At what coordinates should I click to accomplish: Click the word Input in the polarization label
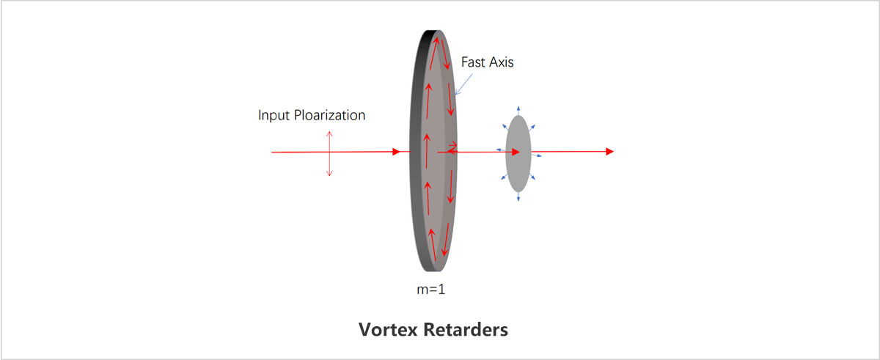[273, 115]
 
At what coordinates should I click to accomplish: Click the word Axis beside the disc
[502, 62]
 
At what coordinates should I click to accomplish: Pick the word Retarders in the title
[466, 329]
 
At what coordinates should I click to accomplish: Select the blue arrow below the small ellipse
[518, 198]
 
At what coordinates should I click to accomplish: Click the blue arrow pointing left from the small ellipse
[499, 150]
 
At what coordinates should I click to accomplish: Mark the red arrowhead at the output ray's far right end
[609, 152]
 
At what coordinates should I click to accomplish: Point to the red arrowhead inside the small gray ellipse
[516, 152]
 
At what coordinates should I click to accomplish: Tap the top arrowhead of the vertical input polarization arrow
[330, 133]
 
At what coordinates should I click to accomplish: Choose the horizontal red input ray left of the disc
[330, 152]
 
